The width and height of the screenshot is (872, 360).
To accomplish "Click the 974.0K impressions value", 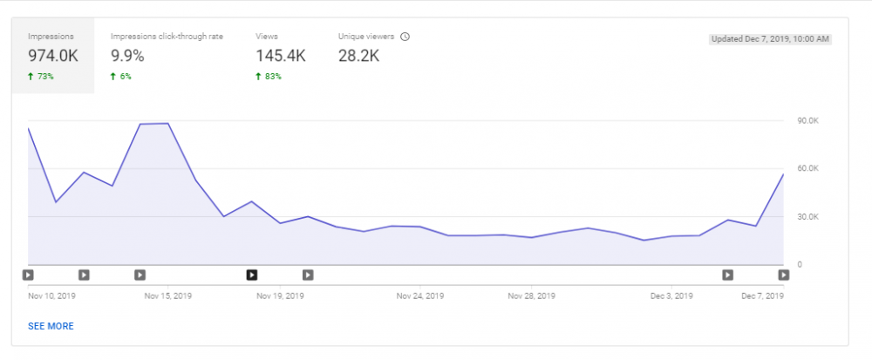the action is (53, 56).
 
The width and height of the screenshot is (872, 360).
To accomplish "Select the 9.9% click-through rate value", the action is (127, 56).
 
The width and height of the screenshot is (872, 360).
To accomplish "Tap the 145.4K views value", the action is (281, 56).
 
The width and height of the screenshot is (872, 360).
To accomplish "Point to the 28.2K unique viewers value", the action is (358, 56).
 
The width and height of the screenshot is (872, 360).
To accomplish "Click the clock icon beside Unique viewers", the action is (405, 37).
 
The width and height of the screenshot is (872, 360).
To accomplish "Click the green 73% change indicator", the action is (41, 77).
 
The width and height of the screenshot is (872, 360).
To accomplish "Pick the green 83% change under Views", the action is (269, 77).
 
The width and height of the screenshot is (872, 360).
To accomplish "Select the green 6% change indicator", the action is (121, 77).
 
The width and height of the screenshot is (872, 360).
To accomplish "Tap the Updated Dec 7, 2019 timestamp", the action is (770, 39).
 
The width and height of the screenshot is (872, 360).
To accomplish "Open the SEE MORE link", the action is (51, 326).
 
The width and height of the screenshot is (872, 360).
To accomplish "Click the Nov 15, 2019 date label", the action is (168, 296).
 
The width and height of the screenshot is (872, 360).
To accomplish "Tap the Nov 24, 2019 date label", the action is (420, 296).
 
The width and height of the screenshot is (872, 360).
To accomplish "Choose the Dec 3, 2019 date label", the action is (671, 296).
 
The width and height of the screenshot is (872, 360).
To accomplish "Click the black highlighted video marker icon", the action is (252, 275).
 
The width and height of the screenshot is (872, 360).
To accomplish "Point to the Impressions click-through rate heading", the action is (167, 37).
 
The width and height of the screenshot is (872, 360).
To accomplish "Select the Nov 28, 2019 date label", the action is (532, 296).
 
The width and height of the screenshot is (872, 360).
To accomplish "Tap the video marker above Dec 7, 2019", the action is (784, 275).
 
